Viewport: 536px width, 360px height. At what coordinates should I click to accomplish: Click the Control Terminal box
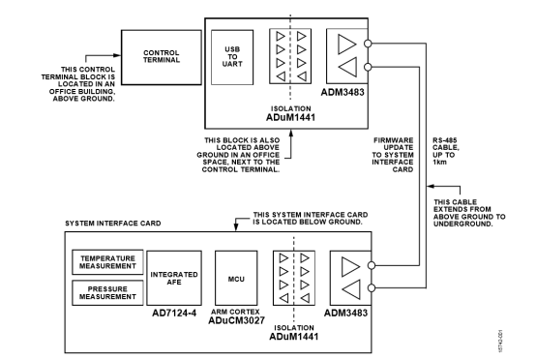click(162, 57)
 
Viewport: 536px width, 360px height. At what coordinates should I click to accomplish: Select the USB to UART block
click(232, 57)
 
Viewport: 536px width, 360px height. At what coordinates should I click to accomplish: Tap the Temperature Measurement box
click(107, 262)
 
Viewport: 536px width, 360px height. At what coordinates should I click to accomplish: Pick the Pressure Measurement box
click(107, 293)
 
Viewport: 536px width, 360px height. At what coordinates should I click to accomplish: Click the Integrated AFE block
click(174, 278)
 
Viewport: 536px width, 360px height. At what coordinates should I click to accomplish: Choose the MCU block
click(236, 278)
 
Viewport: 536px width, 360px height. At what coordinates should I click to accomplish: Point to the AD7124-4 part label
click(174, 313)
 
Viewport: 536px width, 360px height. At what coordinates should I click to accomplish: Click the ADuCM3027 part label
click(236, 320)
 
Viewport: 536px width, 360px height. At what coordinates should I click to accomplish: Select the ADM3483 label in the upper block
click(342, 92)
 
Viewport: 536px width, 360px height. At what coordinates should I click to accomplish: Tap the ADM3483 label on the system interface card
click(345, 313)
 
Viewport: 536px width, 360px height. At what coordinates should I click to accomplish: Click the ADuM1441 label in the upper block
click(290, 117)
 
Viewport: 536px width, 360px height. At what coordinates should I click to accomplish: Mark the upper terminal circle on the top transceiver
click(368, 44)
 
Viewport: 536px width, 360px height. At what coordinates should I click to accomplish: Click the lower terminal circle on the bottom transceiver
click(372, 287)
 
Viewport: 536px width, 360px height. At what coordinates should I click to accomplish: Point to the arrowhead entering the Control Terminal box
click(117, 55)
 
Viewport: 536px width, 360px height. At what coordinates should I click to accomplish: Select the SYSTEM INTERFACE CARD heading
click(113, 224)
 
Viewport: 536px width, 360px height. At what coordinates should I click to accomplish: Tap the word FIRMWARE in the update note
click(394, 140)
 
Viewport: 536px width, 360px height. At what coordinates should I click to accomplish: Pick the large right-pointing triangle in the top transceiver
click(347, 45)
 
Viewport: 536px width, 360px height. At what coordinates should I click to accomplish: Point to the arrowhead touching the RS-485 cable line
click(431, 187)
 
